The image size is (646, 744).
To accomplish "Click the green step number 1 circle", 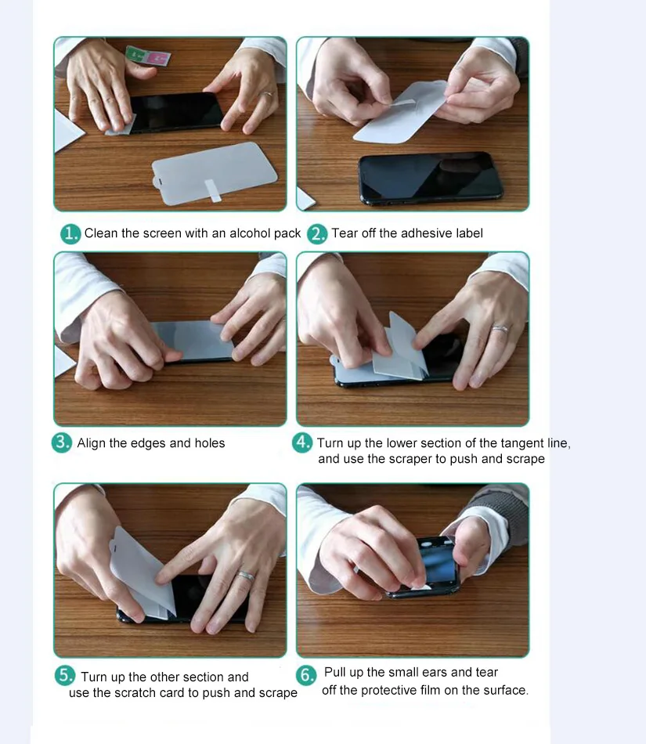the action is (x=70, y=234).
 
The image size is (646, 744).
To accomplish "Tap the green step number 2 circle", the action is (x=317, y=234).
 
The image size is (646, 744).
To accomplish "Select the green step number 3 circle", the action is (x=62, y=442).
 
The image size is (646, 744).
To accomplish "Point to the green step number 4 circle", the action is (x=302, y=442).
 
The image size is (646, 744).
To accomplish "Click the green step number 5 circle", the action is (x=65, y=675).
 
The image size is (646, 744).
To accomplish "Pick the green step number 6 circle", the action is (x=306, y=675).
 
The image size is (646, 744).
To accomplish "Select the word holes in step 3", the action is (x=210, y=442).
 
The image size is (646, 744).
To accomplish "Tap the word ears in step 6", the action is (x=434, y=673).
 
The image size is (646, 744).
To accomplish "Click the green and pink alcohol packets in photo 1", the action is (x=148, y=57).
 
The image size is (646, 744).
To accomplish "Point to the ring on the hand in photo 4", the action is (x=500, y=328).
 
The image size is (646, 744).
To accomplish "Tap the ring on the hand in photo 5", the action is (x=246, y=576).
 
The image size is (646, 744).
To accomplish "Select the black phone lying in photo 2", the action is (x=431, y=179).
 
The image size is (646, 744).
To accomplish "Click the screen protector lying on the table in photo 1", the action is (x=215, y=173).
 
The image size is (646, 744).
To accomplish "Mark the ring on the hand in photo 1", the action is (x=268, y=94).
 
